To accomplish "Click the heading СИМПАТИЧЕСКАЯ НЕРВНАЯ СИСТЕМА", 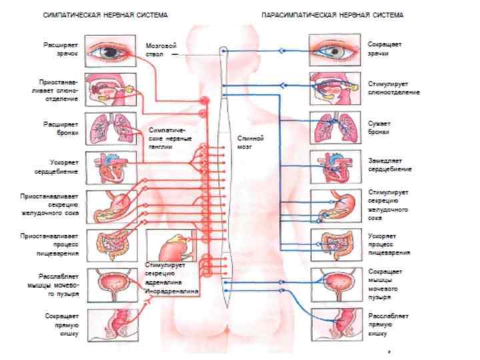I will coord(105,14).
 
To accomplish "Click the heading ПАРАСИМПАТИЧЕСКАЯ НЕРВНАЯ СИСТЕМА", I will coord(332,14).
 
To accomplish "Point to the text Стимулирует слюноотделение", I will coord(393,88).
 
